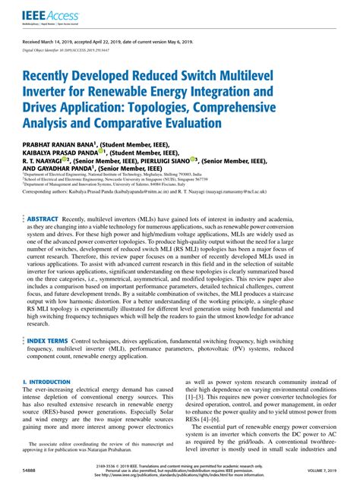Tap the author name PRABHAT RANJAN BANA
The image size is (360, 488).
point(63,143)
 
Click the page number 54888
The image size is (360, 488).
point(33,472)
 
